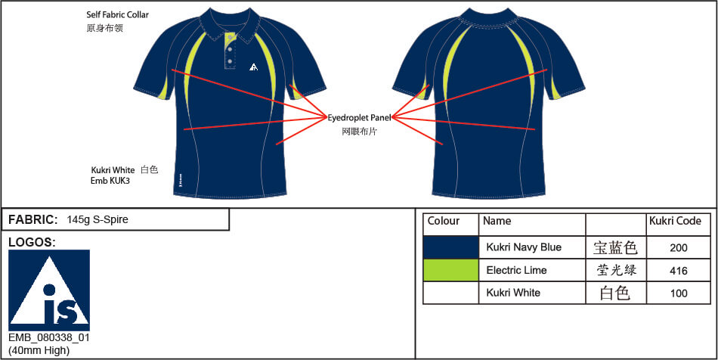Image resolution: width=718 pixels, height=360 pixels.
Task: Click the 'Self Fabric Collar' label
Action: tap(118, 15)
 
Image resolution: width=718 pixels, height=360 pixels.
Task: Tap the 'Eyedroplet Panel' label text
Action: tap(359, 118)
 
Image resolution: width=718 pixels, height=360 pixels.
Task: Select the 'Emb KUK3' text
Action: tap(110, 181)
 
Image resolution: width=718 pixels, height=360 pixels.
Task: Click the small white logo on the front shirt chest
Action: tap(254, 67)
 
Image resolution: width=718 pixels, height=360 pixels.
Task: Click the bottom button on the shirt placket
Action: tap(230, 61)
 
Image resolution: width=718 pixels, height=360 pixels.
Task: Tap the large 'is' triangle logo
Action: tap(49, 290)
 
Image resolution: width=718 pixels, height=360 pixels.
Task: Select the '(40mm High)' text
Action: tap(39, 351)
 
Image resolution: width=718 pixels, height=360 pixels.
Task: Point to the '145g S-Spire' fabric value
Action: tap(97, 219)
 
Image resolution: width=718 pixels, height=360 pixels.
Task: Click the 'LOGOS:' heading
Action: tap(32, 243)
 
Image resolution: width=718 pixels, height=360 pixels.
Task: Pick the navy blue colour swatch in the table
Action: tap(450, 247)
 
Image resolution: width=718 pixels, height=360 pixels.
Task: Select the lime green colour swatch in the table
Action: tap(450, 270)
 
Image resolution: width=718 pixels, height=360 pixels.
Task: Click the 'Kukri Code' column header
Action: tap(675, 222)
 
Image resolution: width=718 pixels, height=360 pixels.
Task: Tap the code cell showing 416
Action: tap(678, 271)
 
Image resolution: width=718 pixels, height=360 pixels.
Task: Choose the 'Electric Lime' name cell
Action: tap(516, 270)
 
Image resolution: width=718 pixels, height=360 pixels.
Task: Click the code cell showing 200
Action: tap(678, 248)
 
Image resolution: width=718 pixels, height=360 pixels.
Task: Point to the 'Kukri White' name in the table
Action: tap(513, 293)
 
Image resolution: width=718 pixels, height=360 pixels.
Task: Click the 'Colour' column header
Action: tap(443, 222)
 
